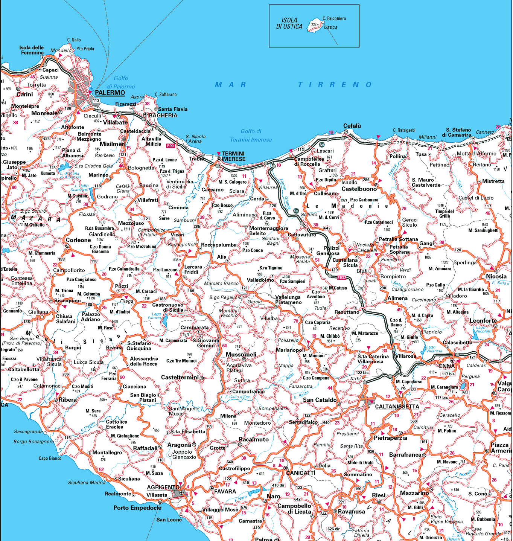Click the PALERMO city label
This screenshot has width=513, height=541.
click(110, 93)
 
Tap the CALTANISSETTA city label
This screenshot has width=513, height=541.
click(397, 407)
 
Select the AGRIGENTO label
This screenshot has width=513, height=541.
click(163, 487)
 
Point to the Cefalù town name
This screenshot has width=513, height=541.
click(352, 126)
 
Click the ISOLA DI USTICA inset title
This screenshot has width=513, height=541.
click(289, 23)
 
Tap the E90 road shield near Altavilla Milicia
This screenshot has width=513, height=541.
click(170, 146)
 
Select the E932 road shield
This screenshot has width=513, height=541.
click(341, 278)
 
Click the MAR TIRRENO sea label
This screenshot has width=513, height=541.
click(294, 85)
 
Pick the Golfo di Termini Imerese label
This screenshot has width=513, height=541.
click(251, 136)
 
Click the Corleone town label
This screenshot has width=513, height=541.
click(78, 240)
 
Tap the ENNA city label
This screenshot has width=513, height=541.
click(447, 366)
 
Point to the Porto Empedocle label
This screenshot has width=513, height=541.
click(137, 508)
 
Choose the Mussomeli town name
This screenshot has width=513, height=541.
click(241, 354)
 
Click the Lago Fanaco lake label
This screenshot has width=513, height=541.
click(156, 316)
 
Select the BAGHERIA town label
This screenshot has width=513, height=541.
click(163, 116)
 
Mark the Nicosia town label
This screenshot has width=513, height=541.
click(496, 276)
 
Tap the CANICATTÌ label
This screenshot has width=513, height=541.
click(301, 473)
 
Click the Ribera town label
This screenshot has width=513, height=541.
click(68, 399)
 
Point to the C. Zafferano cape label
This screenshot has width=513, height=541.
click(166, 94)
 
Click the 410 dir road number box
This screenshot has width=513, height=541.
click(278, 485)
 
